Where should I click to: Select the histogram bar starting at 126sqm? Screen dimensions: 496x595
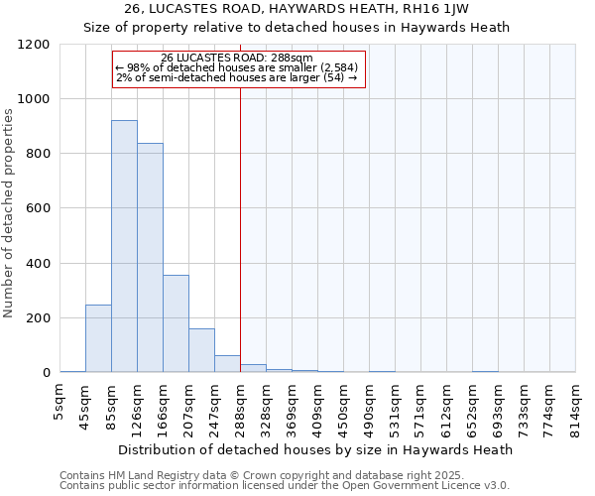150,258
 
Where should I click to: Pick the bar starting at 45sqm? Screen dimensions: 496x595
98,338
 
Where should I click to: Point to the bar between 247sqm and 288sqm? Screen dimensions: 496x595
227,364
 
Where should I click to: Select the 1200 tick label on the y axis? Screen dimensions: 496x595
35,45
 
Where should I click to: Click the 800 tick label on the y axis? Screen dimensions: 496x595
39,155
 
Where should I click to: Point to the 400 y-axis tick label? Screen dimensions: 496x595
39,264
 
